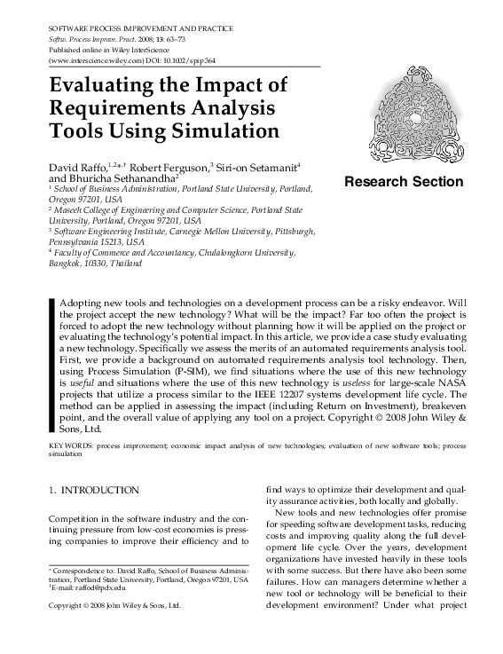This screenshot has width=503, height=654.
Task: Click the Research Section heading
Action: (403, 182)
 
